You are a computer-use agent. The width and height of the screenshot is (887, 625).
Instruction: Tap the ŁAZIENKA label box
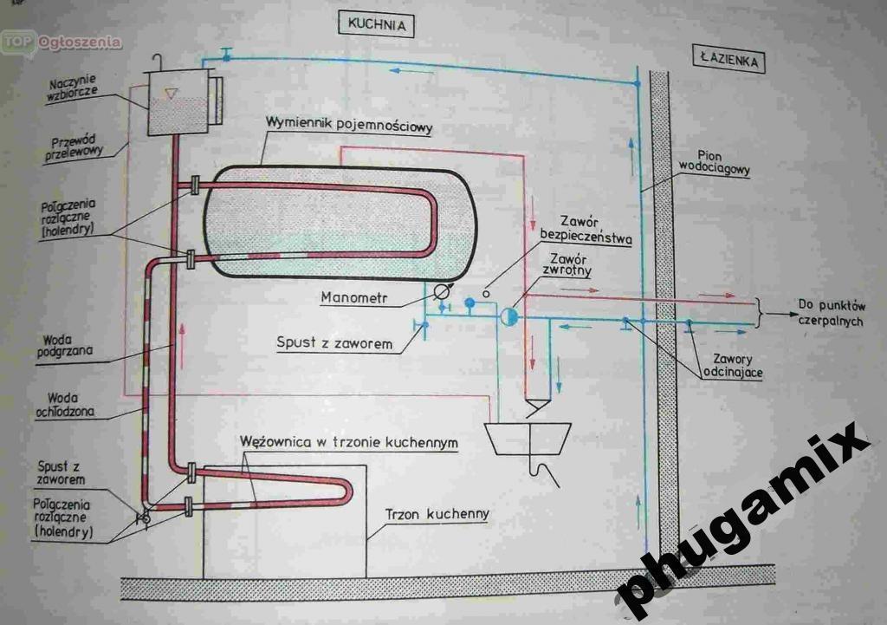coord(728,61)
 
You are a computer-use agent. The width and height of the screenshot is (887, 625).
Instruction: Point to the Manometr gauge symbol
coord(442,295)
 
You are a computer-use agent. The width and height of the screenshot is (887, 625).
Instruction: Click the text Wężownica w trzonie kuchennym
coord(349,442)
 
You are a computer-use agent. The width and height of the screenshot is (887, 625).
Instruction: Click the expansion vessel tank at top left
coord(178,101)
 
